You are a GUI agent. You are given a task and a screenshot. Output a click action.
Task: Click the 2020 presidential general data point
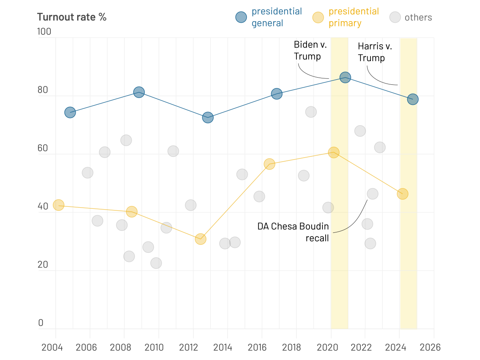point(345,77)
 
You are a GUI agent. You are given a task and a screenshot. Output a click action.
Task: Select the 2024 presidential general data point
point(413,99)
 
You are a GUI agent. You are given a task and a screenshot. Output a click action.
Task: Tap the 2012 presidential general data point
point(208,118)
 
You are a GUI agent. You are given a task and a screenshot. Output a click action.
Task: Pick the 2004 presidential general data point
point(70,112)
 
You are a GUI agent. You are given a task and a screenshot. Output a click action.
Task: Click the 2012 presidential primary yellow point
point(200,239)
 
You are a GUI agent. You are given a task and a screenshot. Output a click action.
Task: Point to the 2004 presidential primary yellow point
point(59,205)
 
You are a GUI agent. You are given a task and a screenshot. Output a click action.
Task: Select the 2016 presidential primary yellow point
point(269,164)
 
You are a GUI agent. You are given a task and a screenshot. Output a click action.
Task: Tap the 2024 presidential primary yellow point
point(402,194)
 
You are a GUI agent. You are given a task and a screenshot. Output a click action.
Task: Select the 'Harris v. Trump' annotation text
point(375,52)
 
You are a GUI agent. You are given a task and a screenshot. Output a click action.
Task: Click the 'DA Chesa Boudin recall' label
point(293,232)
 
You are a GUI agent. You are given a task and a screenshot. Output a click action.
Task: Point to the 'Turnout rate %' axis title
point(72,17)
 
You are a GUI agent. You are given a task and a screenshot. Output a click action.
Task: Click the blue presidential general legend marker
point(241,17)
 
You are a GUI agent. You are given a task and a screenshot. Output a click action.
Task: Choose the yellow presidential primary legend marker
point(318,17)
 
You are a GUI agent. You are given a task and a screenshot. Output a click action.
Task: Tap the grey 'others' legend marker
point(395,17)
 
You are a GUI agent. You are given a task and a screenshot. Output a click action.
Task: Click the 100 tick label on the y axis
point(44,32)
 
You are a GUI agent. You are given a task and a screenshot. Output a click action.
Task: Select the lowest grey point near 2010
point(156,263)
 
